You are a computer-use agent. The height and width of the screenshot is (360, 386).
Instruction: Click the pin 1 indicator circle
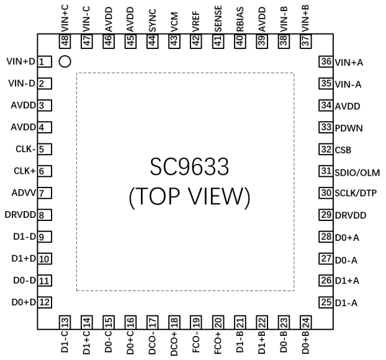click(64, 61)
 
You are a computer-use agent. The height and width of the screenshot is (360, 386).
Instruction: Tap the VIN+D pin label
click(21, 61)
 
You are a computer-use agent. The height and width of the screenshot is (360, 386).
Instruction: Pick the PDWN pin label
click(349, 128)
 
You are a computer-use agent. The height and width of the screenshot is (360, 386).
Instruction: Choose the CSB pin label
click(343, 150)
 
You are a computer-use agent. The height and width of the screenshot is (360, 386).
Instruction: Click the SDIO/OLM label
click(356, 171)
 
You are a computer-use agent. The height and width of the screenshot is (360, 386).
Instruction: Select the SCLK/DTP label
click(356, 194)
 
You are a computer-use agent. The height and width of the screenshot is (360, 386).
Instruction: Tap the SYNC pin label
click(152, 19)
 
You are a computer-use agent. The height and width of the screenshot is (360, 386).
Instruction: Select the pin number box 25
click(326, 302)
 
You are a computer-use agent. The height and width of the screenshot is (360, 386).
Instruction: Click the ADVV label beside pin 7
click(22, 193)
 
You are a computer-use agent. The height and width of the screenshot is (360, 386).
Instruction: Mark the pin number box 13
click(64, 322)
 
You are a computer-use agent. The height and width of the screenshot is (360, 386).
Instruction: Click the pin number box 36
click(326, 61)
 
